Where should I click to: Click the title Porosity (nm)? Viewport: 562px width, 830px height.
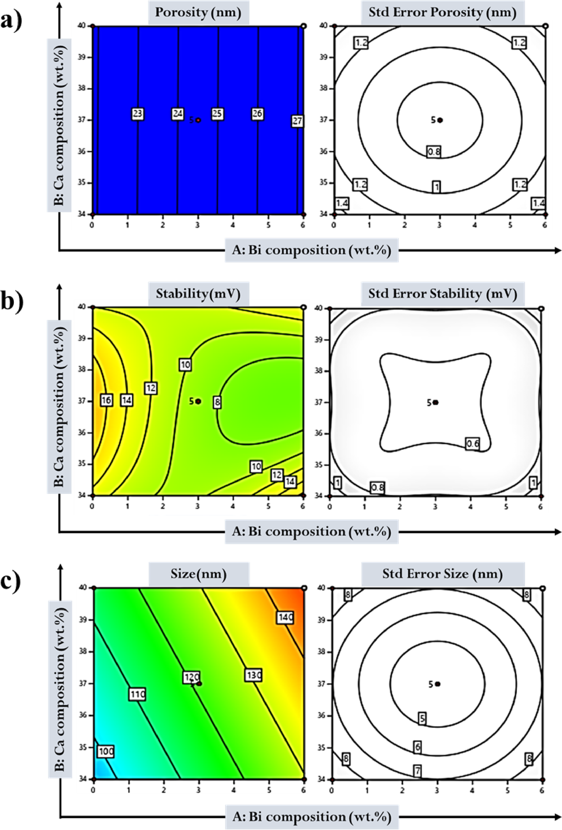pyautogui.click(x=198, y=12)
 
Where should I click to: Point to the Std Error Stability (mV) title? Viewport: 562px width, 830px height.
pyautogui.click(x=442, y=294)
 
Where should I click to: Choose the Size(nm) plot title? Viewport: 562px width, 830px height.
pyautogui.click(x=199, y=574)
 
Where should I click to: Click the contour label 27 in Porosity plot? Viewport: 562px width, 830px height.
pyautogui.click(x=297, y=121)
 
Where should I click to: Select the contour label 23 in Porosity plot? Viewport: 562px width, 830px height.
pyautogui.click(x=138, y=114)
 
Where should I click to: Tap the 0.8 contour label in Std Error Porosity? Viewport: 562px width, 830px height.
pyautogui.click(x=434, y=152)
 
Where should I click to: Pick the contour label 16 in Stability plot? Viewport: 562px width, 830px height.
pyautogui.click(x=106, y=400)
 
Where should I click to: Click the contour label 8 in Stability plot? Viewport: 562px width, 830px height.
pyautogui.click(x=217, y=402)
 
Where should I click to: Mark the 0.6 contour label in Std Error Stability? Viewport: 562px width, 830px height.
pyautogui.click(x=472, y=444)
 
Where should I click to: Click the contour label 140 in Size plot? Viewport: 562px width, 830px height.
pyautogui.click(x=286, y=617)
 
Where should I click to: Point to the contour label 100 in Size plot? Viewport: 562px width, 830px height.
pyautogui.click(x=106, y=751)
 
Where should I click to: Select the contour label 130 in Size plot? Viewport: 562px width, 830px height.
pyautogui.click(x=254, y=675)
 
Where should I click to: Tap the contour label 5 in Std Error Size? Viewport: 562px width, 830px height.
pyautogui.click(x=422, y=718)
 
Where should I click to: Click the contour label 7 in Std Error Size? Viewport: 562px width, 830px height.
pyautogui.click(x=417, y=771)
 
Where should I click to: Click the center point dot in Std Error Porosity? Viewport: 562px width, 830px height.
pyautogui.click(x=440, y=120)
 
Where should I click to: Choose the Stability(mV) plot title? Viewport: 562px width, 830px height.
pyautogui.click(x=198, y=294)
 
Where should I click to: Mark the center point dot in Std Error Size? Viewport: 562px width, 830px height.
pyautogui.click(x=438, y=684)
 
